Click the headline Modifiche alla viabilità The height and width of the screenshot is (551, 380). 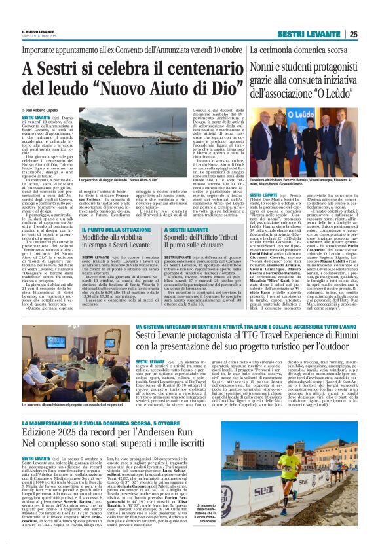(121, 239)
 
